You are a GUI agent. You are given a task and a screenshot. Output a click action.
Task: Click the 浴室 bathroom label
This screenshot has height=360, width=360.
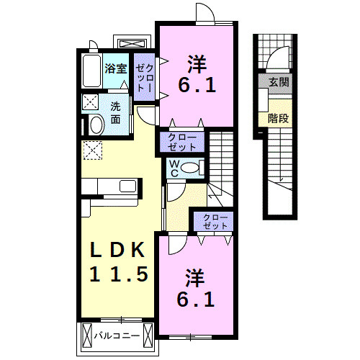[x=115, y=69]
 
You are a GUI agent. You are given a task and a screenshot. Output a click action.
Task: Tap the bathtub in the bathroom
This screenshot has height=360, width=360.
[x=91, y=71]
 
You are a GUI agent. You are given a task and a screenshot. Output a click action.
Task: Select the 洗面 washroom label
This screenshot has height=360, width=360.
[x=115, y=113]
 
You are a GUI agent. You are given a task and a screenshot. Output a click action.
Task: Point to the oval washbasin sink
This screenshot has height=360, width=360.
[x=96, y=125]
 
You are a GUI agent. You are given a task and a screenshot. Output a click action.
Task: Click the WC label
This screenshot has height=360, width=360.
[x=174, y=168]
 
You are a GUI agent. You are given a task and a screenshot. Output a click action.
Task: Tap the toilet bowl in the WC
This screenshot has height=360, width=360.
[x=190, y=168]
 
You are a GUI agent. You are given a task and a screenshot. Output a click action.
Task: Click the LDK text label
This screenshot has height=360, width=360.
[x=117, y=250]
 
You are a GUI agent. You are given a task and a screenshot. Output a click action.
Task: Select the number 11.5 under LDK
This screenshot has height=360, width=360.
[x=119, y=274]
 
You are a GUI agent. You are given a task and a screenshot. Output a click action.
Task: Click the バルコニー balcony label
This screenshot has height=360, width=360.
[x=117, y=336]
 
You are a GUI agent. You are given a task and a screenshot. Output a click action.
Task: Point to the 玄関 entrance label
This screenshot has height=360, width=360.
[x=279, y=82]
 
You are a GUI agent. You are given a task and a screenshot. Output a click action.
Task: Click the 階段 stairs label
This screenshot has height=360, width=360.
[x=279, y=118]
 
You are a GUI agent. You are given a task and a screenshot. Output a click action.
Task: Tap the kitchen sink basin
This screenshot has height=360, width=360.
[x=128, y=186]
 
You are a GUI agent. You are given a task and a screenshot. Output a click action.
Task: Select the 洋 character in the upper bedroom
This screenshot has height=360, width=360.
[x=197, y=64]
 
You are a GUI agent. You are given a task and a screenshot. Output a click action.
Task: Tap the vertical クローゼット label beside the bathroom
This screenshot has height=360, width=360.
[x=144, y=78]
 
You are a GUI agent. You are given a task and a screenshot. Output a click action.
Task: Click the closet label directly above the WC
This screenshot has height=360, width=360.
[x=182, y=142]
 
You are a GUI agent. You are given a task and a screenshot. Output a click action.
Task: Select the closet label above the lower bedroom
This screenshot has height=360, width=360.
[x=215, y=222]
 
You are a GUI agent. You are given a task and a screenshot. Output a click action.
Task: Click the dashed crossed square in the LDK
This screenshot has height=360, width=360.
[x=93, y=150]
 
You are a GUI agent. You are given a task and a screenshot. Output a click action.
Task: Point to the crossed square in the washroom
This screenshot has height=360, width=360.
[x=90, y=102]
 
